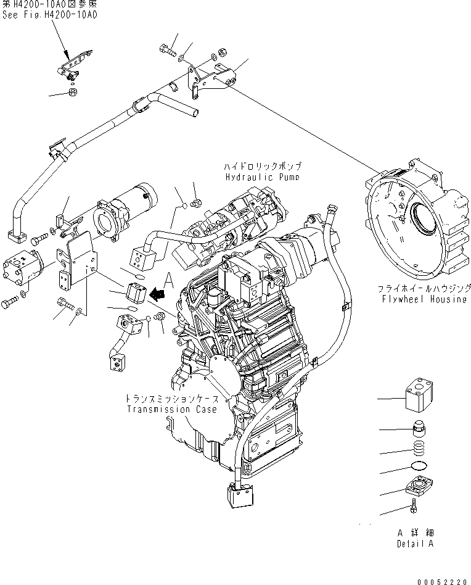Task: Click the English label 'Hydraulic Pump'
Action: coord(263,176)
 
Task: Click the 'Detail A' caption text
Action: coord(415,544)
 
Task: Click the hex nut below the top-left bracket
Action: coord(72,93)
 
